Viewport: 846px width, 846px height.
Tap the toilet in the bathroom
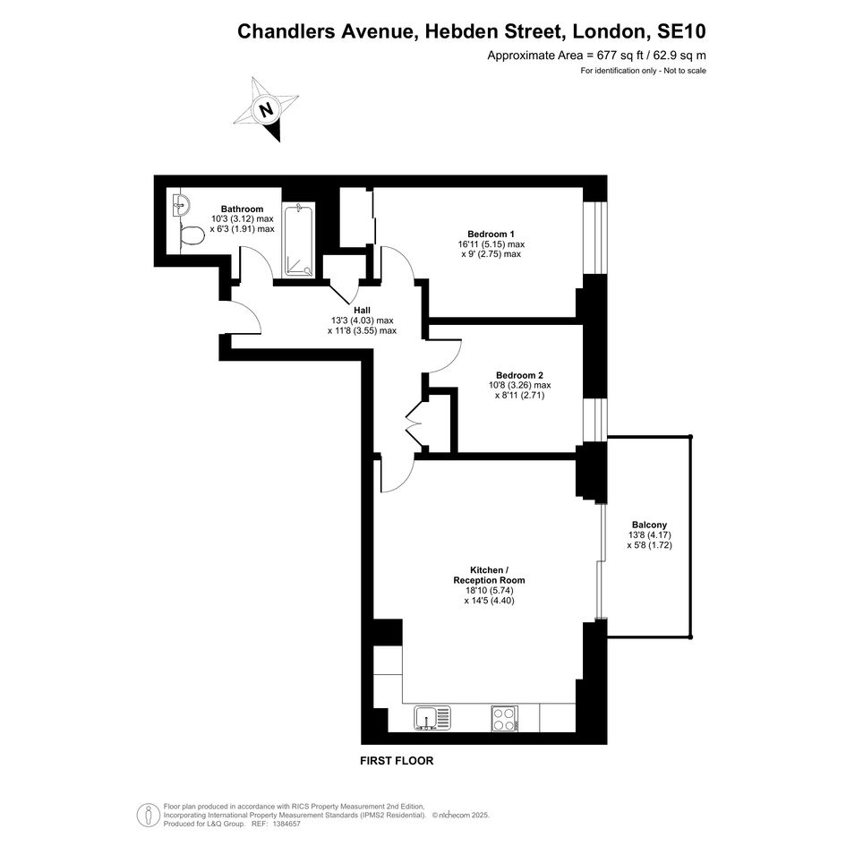click(x=191, y=235)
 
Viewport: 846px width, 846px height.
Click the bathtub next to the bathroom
click(x=298, y=240)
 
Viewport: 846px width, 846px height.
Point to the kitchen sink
click(x=432, y=718)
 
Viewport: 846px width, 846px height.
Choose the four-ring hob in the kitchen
click(x=505, y=718)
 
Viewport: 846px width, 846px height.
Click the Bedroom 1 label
click(x=491, y=235)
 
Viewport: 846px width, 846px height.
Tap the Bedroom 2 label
click(x=519, y=375)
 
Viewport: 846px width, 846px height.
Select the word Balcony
click(x=649, y=525)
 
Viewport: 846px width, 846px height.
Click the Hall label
click(x=362, y=311)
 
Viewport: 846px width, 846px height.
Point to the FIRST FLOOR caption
click(x=397, y=761)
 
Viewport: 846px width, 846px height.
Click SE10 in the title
click(x=681, y=31)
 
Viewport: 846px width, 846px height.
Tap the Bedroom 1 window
click(x=595, y=238)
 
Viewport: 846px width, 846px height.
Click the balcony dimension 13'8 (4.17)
click(x=650, y=535)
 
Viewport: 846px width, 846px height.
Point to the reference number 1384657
click(x=287, y=824)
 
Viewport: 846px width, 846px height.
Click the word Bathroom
click(x=243, y=209)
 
